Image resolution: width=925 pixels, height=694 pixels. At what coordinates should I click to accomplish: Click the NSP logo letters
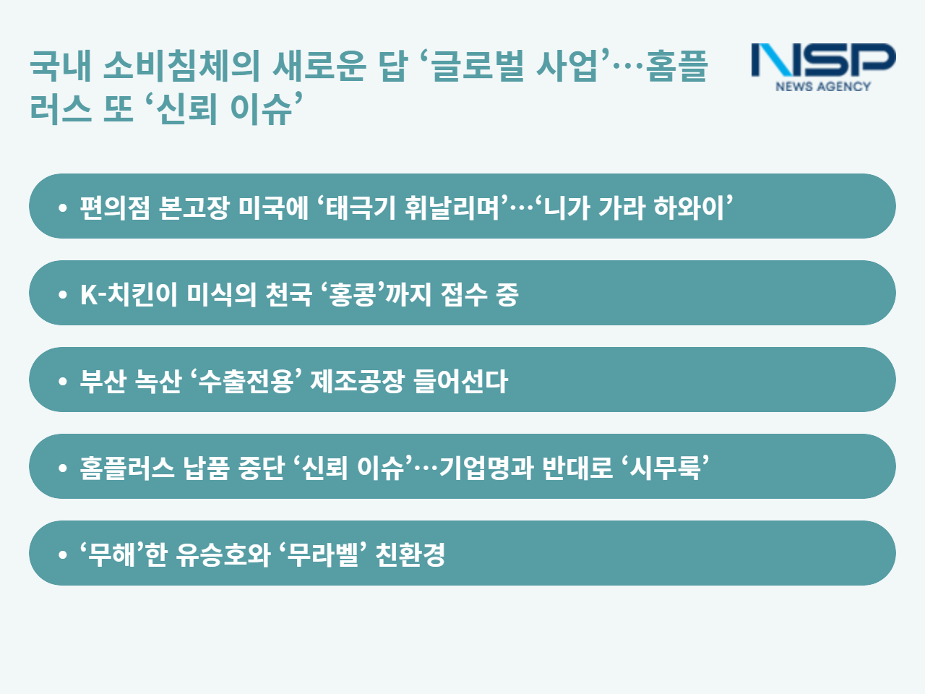pos(823,59)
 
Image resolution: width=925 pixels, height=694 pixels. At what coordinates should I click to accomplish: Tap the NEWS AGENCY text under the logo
pos(823,86)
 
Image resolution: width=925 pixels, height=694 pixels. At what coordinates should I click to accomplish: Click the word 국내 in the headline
pos(61,66)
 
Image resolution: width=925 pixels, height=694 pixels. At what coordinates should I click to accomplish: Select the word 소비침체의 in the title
pos(181,66)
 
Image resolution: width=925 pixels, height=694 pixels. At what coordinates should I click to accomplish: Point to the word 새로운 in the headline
pos(319,66)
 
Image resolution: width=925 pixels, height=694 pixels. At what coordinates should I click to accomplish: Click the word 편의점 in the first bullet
pos(115,207)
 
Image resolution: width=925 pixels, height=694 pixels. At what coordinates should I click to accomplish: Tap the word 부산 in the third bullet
pos(103,381)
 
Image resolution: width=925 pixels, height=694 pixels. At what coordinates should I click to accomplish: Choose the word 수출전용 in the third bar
pos(245,381)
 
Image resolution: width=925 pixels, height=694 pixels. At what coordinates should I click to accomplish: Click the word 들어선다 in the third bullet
pos(460,381)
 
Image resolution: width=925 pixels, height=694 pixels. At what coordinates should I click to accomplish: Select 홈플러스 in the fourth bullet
pos(127,468)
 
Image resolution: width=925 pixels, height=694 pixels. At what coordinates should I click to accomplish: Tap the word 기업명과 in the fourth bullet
pos(486,468)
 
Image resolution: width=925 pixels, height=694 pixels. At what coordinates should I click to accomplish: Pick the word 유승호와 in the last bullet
pos(223,554)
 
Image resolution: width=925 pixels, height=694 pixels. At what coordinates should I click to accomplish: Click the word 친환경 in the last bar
pos(410,554)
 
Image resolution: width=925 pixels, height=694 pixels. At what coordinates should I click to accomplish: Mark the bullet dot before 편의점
pos(63,207)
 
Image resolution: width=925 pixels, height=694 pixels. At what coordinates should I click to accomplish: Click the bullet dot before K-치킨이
pos(63,294)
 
